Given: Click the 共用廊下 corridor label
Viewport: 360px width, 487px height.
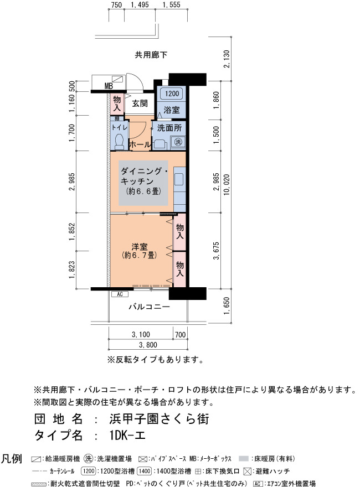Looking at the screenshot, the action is click(x=151, y=55).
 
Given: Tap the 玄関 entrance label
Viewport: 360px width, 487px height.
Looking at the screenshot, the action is click(x=140, y=103).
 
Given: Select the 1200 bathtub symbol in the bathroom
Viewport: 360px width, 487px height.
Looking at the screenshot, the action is click(x=172, y=94).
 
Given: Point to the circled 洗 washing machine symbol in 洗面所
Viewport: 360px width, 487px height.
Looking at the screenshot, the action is click(x=178, y=142).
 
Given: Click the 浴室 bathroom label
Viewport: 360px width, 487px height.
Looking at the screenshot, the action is click(x=171, y=110).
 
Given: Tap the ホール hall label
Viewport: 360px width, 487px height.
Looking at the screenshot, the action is click(x=140, y=144).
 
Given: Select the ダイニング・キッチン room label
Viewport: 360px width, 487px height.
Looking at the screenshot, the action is click(x=144, y=176).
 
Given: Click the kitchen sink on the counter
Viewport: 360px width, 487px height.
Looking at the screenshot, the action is click(x=179, y=179).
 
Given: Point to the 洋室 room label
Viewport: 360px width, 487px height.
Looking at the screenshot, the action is click(x=139, y=247).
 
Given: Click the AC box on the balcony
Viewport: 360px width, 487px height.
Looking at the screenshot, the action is click(x=120, y=294).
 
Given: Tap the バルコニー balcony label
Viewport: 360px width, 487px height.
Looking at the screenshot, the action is click(x=149, y=307).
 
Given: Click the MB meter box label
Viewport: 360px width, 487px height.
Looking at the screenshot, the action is click(x=109, y=86).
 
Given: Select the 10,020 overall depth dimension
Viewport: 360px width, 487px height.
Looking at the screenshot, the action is click(x=227, y=184).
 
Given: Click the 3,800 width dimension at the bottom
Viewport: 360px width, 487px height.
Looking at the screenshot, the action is click(x=148, y=345).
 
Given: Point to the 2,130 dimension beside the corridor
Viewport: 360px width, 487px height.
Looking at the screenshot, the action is click(x=227, y=59).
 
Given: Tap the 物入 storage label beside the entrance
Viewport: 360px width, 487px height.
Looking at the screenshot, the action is click(x=117, y=103).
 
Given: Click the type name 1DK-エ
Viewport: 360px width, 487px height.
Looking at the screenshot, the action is click(x=127, y=436).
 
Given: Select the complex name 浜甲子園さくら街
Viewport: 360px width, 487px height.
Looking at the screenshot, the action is click(x=159, y=419).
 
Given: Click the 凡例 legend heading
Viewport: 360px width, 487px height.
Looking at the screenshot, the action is click(x=12, y=458).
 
